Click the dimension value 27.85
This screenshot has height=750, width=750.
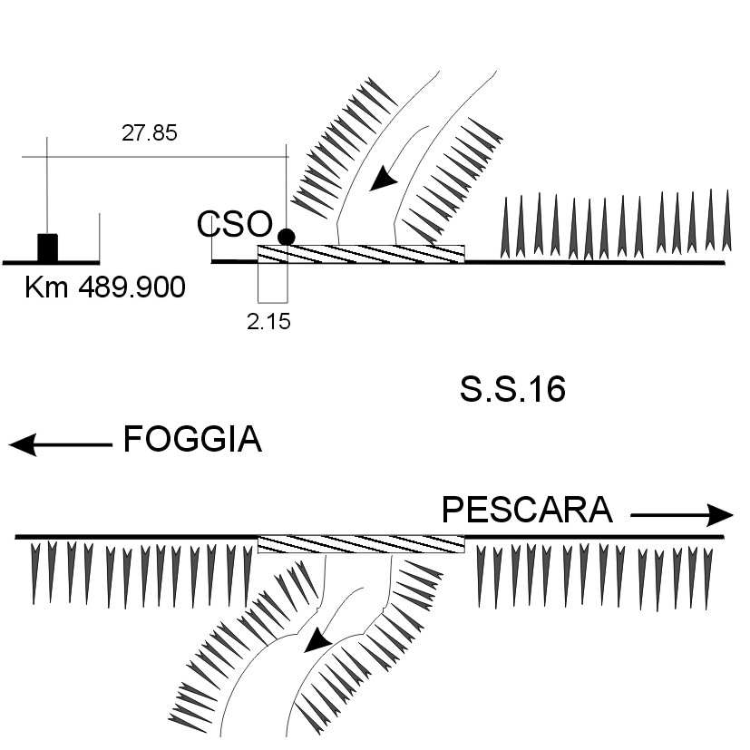coord(150,132)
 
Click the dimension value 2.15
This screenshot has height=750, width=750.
coord(268,321)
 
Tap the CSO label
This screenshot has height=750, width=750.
coord(235,224)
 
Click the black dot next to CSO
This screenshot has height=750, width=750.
coord(287,237)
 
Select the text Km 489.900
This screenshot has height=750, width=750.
coord(104,288)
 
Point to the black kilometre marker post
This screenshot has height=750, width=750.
coord(47,247)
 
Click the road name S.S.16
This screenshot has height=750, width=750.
coord(512,389)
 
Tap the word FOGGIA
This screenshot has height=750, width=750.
coord(192,441)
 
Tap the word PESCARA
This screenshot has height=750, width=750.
coord(527,511)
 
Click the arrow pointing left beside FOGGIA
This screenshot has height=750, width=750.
coord(60,444)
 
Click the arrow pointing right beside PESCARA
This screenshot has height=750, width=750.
coord(681,515)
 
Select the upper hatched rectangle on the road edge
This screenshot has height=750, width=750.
coord(361,253)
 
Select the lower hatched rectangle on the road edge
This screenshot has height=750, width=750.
coord(361,544)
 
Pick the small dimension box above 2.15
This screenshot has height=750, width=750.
coord(272,282)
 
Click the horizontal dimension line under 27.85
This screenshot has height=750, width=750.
coord(154,157)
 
